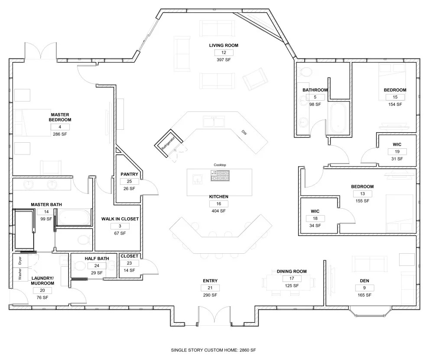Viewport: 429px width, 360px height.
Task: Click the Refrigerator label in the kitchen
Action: pos(168,143)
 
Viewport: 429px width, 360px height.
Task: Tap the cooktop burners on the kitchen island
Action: pos(220,176)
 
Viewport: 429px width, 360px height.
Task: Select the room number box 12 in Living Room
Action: pos(224,52)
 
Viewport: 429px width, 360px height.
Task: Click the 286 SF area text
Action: pos(60,134)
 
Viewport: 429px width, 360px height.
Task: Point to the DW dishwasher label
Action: pos(244,132)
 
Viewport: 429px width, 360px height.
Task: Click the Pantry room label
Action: pos(130,174)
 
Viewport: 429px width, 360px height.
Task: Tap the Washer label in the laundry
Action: pos(19,274)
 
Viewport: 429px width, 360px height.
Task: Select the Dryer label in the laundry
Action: pos(19,261)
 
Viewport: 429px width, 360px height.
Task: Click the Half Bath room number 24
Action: pos(97,265)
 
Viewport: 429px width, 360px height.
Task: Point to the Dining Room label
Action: pos(292,271)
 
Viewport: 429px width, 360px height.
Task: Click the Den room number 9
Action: pos(364,288)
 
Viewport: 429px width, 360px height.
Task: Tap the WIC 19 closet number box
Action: pos(397,152)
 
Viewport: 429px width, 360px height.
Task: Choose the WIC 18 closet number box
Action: pos(315,219)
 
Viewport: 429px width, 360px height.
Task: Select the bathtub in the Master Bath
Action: pos(74,217)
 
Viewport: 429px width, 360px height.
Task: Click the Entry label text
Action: pos(210,281)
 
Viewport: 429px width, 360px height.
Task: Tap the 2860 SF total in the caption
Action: pos(247,350)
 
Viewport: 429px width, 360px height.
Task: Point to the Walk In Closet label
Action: pos(120,219)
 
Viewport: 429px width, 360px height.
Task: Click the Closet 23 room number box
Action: pos(130,263)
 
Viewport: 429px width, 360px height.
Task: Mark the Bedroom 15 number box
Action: pos(395,97)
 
